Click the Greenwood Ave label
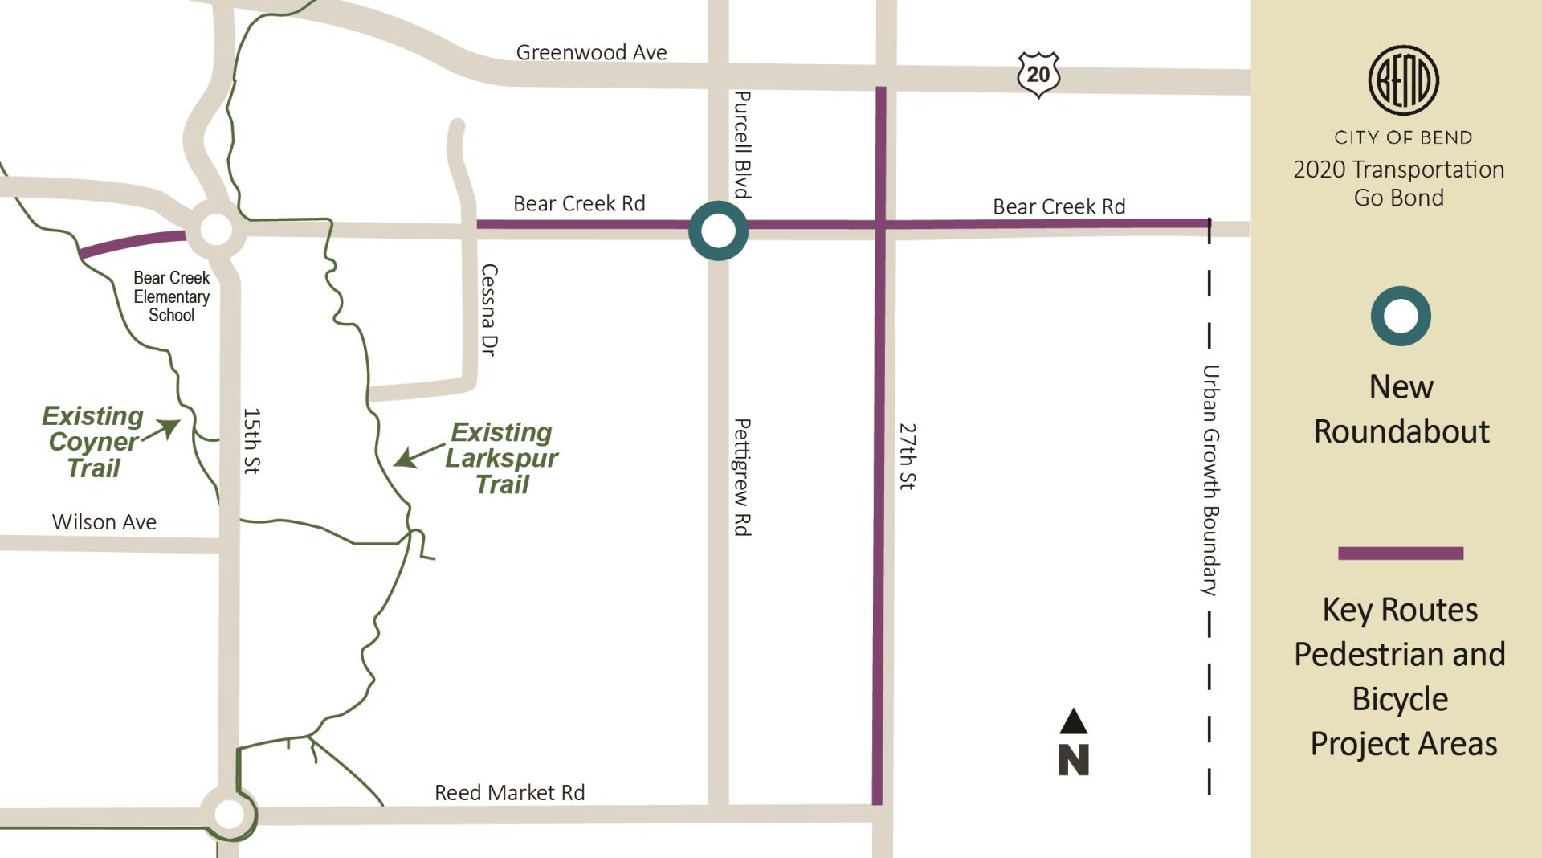[591, 53]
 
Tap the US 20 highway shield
[1038, 74]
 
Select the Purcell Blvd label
[743, 145]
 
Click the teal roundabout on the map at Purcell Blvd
[718, 231]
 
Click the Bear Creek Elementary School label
[171, 296]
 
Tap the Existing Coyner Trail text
[93, 442]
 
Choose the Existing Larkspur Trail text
[501, 458]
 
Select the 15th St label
[251, 441]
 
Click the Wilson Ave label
[104, 522]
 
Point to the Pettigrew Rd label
[743, 477]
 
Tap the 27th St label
[907, 456]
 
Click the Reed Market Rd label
[509, 793]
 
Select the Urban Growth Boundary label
[1210, 480]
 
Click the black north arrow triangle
[1073, 721]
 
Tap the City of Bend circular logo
[1403, 80]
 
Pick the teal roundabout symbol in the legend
[1401, 317]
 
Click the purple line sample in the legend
[1401, 553]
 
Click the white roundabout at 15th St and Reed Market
[229, 814]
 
